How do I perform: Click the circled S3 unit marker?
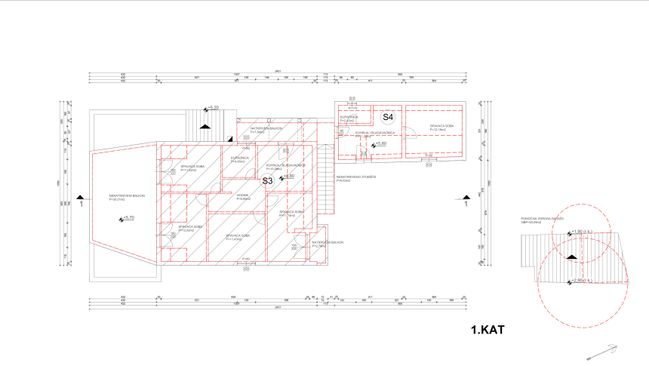(x=266, y=181)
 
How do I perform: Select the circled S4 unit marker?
(x=387, y=118)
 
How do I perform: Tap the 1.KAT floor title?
(x=487, y=330)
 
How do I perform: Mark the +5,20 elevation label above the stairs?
(x=213, y=109)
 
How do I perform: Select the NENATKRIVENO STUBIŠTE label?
(x=352, y=178)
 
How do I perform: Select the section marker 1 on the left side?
(x=78, y=201)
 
